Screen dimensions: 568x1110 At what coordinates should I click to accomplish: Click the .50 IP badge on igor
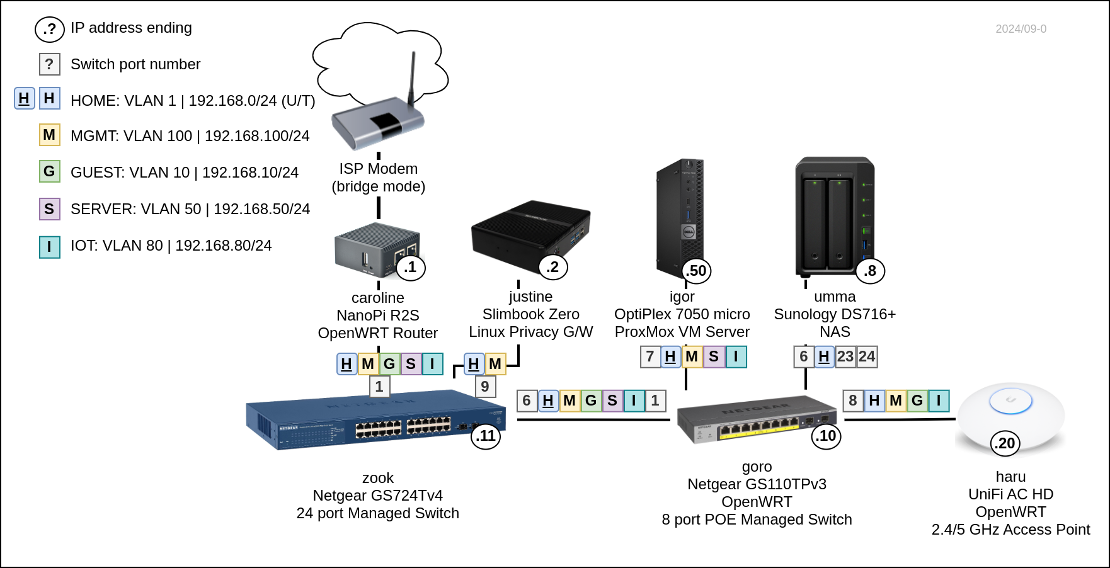(697, 271)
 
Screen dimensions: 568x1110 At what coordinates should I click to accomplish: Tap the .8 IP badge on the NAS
(870, 271)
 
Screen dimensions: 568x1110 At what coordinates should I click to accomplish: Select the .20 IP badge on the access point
(1005, 443)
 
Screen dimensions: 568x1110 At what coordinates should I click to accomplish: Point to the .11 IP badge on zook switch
(486, 436)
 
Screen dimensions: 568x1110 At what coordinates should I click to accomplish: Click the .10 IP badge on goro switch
(827, 436)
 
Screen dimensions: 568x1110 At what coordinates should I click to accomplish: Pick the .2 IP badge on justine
(552, 267)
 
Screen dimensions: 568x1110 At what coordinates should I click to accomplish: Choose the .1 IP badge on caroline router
(411, 267)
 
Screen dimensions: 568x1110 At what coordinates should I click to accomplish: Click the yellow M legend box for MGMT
(49, 135)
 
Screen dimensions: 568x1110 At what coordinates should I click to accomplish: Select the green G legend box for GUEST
(49, 171)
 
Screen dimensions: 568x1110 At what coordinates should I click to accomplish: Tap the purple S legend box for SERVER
(49, 209)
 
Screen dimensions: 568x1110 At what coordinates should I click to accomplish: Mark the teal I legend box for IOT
(49, 247)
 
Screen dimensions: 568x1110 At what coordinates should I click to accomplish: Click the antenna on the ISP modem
(413, 79)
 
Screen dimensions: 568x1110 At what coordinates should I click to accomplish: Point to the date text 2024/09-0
(1021, 29)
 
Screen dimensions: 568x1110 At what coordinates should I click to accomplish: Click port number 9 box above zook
(485, 387)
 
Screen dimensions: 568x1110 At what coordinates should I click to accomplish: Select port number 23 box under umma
(845, 356)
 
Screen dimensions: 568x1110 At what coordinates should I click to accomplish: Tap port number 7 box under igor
(650, 356)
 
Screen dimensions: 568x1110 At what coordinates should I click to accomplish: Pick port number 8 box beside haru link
(853, 400)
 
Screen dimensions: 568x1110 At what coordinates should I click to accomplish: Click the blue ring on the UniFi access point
(1010, 400)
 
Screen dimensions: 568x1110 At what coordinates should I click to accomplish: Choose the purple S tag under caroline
(411, 364)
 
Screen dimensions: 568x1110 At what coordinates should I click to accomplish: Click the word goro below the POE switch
(757, 467)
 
